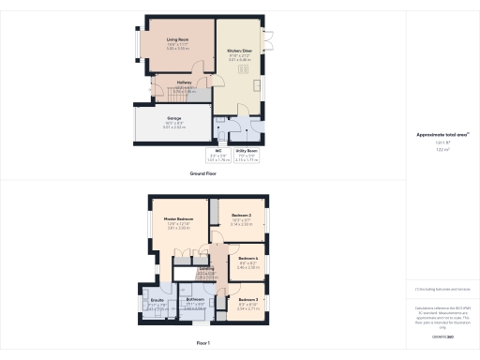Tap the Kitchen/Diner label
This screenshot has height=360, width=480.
point(240,51)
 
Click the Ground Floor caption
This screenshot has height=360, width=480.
point(203,173)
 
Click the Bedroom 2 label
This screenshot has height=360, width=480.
point(241,215)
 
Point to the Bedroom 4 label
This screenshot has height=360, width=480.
point(247,258)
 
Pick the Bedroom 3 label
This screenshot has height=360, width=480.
point(248,299)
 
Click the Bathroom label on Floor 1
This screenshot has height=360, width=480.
point(195,299)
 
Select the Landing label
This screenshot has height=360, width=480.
point(207,267)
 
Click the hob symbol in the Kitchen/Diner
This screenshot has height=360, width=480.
point(243,68)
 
